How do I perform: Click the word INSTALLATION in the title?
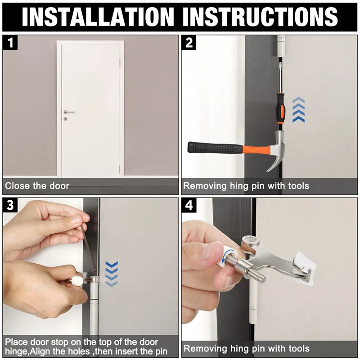[98, 17]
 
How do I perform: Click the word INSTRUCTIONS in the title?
[260, 17]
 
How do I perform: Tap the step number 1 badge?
[10, 42]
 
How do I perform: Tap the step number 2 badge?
[189, 42]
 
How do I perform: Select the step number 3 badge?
[10, 205]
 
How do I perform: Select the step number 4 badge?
[189, 205]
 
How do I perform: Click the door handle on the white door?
[69, 112]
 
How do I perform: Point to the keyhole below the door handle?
[65, 119]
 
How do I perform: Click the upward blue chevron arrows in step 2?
[298, 110]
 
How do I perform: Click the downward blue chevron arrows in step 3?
[111, 274]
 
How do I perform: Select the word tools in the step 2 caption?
[298, 186]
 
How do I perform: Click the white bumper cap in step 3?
[76, 280]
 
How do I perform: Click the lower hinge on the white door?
[120, 169]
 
